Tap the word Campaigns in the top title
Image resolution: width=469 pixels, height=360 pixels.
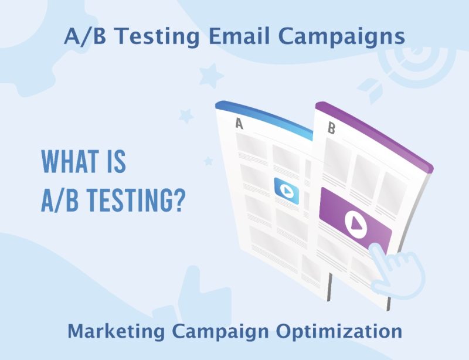coord(342,36)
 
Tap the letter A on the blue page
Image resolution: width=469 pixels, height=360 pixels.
coord(239,124)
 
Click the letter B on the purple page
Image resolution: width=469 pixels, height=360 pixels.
coord(331,129)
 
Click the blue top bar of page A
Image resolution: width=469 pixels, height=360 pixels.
coord(264,115)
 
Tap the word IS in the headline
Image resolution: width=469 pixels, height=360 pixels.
coord(115,162)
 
